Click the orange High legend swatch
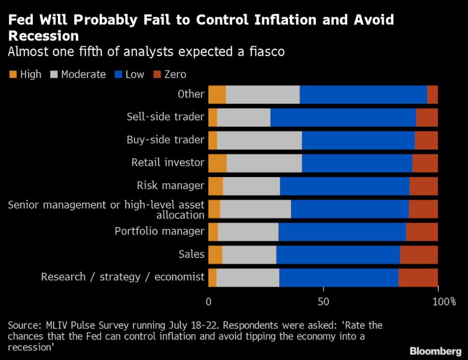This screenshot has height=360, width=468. [12, 74]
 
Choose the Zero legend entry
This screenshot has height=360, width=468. [175, 74]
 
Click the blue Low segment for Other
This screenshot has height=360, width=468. [363, 95]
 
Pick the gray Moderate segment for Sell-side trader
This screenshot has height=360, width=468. [244, 118]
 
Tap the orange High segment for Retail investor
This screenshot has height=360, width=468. [217, 163]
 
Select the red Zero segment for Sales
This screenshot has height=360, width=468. [419, 254]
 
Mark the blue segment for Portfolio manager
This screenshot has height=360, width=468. [342, 231]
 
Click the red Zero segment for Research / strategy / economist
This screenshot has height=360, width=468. [418, 277]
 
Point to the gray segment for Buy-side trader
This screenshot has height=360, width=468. [259, 140]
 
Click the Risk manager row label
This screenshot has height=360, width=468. [170, 185]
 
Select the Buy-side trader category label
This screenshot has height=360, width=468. [165, 140]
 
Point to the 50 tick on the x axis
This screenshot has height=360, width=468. [323, 302]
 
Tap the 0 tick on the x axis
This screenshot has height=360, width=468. [209, 302]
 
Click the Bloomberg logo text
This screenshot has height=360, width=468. [435, 351]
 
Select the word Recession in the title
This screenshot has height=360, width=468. [43, 36]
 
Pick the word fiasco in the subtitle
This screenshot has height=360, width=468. [265, 52]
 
